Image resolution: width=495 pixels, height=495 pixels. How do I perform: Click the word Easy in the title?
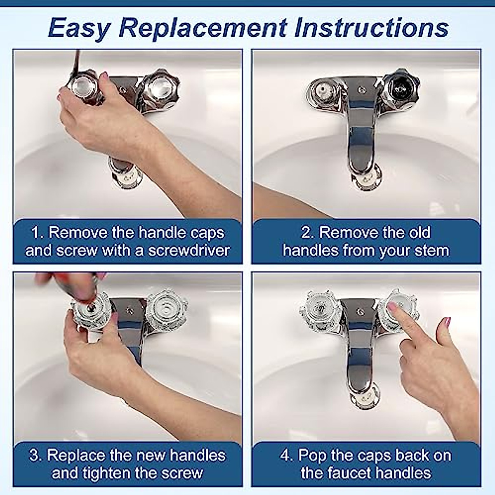point(79,28)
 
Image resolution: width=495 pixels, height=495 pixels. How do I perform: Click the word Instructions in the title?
point(371,28)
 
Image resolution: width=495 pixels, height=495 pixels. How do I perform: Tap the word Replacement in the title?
point(202,28)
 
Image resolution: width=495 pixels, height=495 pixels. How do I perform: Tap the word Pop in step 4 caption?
point(313,455)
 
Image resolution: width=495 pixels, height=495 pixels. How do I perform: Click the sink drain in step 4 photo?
point(365,398)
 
